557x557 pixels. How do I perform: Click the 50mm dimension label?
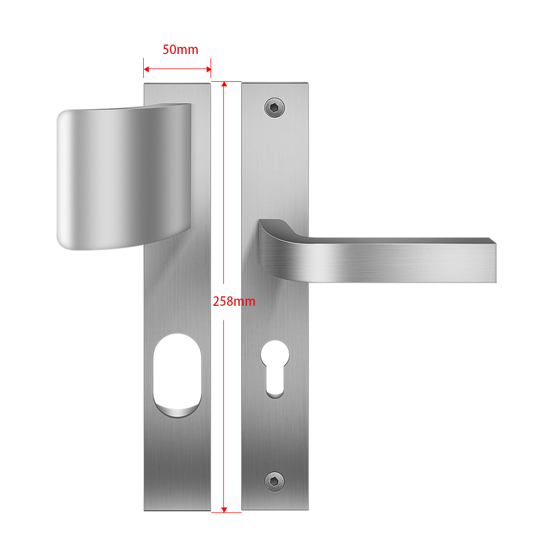click(180, 50)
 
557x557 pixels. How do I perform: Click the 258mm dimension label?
click(234, 301)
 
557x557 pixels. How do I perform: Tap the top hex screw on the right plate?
click(275, 108)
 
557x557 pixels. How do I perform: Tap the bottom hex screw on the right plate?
click(275, 482)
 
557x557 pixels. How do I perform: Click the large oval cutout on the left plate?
click(177, 375)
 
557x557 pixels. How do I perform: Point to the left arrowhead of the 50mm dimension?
click(146, 69)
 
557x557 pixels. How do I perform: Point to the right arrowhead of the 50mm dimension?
click(208, 69)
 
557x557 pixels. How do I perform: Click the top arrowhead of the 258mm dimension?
click(224, 84)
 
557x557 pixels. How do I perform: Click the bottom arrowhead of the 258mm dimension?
click(224, 510)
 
